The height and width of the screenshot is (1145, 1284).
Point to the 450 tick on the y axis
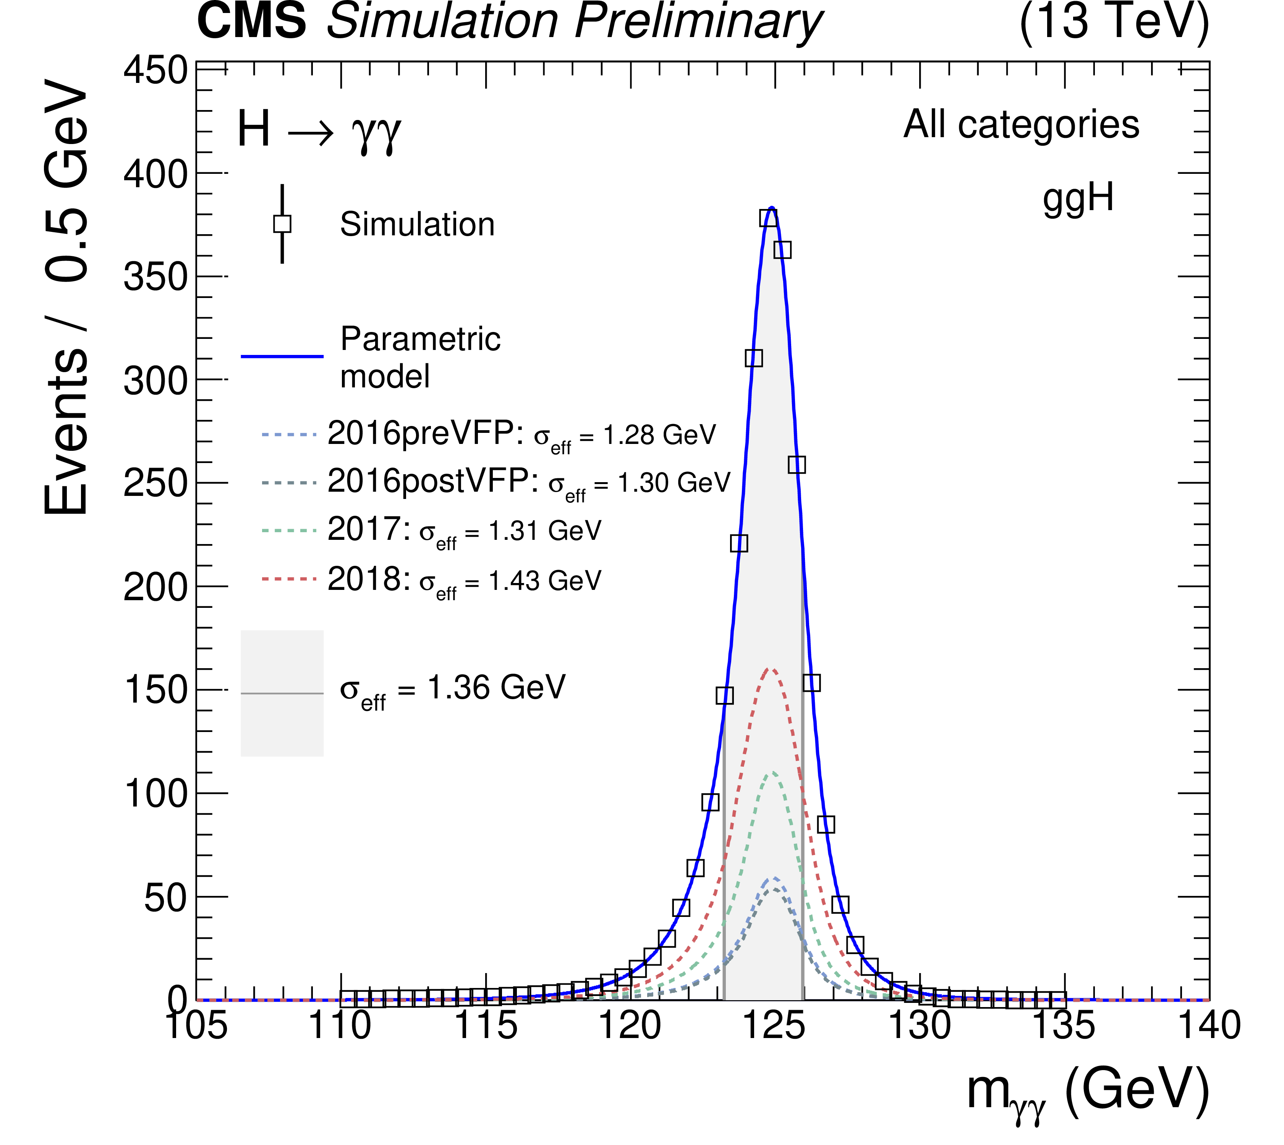point(155,70)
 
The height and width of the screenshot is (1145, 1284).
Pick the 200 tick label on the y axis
point(155,588)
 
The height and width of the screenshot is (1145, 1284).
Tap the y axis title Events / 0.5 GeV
point(66,296)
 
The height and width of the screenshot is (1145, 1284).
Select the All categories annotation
point(1021,125)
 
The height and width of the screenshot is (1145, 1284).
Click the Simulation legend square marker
point(282,224)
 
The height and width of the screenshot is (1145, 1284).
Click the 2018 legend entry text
point(464,580)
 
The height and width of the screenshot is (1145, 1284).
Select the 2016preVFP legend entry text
point(521,434)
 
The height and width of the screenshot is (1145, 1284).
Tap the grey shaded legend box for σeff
point(282,693)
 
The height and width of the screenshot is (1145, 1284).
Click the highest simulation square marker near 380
point(768,218)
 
